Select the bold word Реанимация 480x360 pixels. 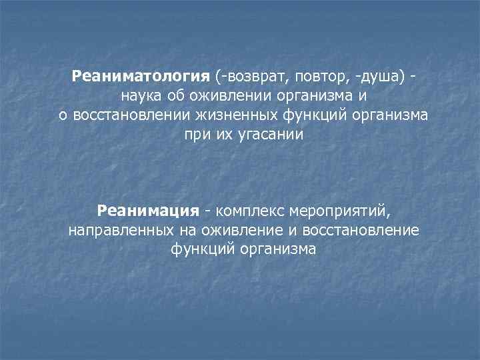click(148, 211)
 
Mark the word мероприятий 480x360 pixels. click(338, 211)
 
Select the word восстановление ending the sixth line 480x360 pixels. click(361, 231)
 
